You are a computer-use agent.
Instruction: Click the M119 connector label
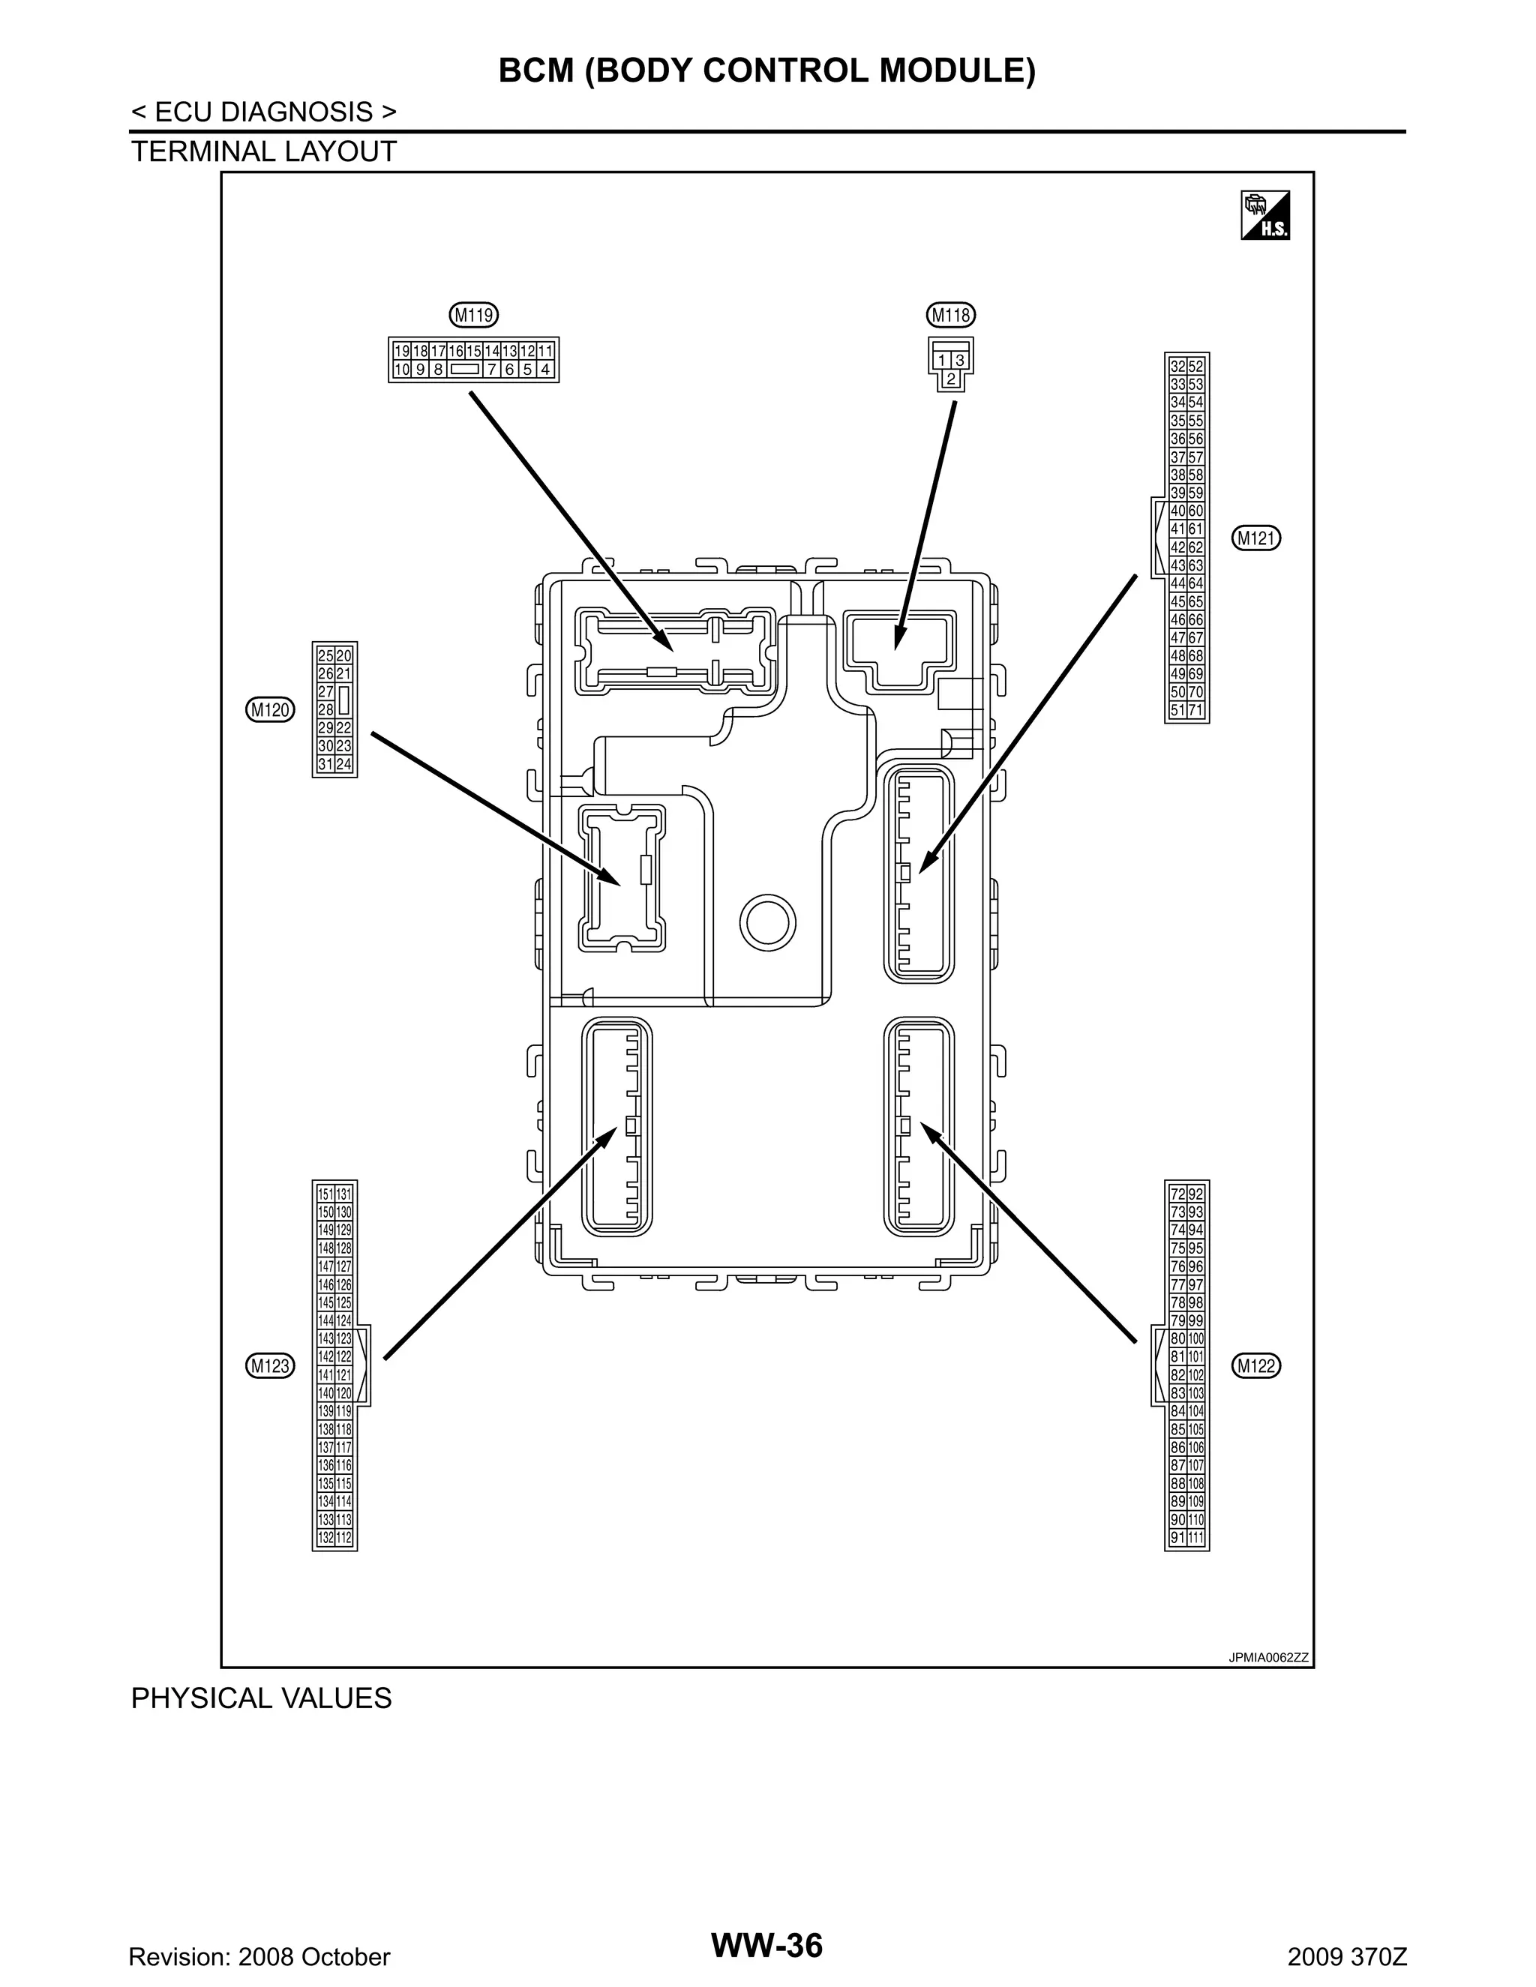474,316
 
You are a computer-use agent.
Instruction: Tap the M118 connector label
951,316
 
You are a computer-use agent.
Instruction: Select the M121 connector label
1257,538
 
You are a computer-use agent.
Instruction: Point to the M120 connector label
270,709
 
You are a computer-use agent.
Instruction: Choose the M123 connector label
270,1365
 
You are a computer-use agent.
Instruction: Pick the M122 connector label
1257,1365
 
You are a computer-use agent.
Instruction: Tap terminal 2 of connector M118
951,379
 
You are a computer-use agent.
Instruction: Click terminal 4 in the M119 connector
545,370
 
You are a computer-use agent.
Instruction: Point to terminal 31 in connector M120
325,764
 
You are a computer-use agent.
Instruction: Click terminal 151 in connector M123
325,1194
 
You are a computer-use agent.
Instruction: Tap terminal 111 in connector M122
1195,1538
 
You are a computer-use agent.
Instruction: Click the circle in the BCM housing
768,922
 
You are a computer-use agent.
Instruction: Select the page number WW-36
766,1945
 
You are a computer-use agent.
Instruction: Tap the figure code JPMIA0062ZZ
1267,1657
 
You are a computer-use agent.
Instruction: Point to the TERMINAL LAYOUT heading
264,152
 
